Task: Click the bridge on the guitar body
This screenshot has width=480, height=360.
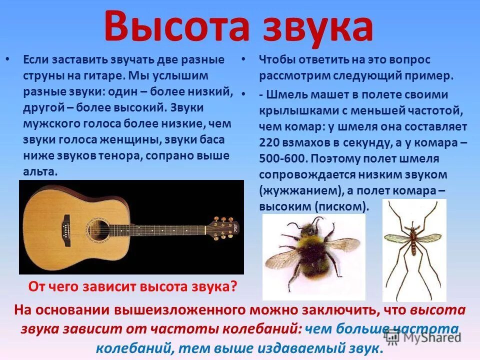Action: click(65, 227)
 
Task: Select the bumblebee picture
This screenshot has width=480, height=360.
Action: click(314, 250)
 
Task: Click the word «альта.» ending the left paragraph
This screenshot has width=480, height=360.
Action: click(40, 171)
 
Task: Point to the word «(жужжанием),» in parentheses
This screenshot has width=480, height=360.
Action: click(299, 190)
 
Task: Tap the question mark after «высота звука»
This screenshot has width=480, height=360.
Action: click(233, 287)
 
